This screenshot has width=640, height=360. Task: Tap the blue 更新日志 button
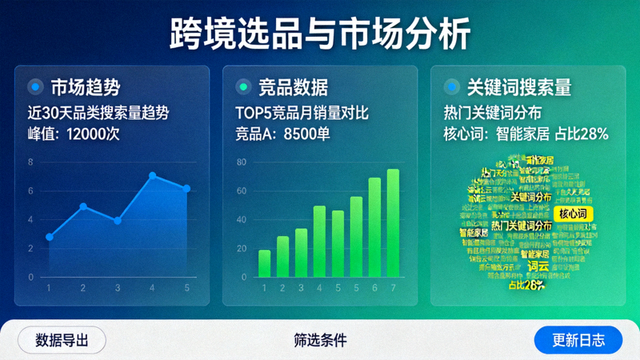click(x=578, y=340)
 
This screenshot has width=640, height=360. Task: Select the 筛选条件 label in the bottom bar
click(x=320, y=340)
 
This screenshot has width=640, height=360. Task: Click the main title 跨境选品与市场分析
click(x=320, y=34)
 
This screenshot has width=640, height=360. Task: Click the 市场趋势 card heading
click(x=85, y=86)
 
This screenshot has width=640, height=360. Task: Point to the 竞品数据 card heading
click(x=293, y=86)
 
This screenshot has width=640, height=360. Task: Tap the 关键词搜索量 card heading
click(x=518, y=86)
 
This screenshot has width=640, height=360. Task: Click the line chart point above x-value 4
click(x=152, y=175)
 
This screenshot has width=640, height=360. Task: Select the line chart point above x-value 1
click(x=50, y=237)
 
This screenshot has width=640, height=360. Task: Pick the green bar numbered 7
click(x=393, y=223)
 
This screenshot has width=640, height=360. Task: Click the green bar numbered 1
click(x=264, y=264)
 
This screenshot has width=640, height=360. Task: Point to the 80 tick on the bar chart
click(x=241, y=162)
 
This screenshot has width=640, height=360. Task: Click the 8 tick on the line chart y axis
click(x=31, y=162)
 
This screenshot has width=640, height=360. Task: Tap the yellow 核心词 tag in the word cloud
click(x=573, y=214)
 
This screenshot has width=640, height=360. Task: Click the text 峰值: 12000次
click(x=73, y=134)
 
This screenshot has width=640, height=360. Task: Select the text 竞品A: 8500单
click(x=282, y=134)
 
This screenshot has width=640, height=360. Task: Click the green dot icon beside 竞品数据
click(x=243, y=86)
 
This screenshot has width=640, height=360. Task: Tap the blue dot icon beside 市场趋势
click(x=35, y=86)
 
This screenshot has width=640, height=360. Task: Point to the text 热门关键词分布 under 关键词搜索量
click(x=492, y=113)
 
